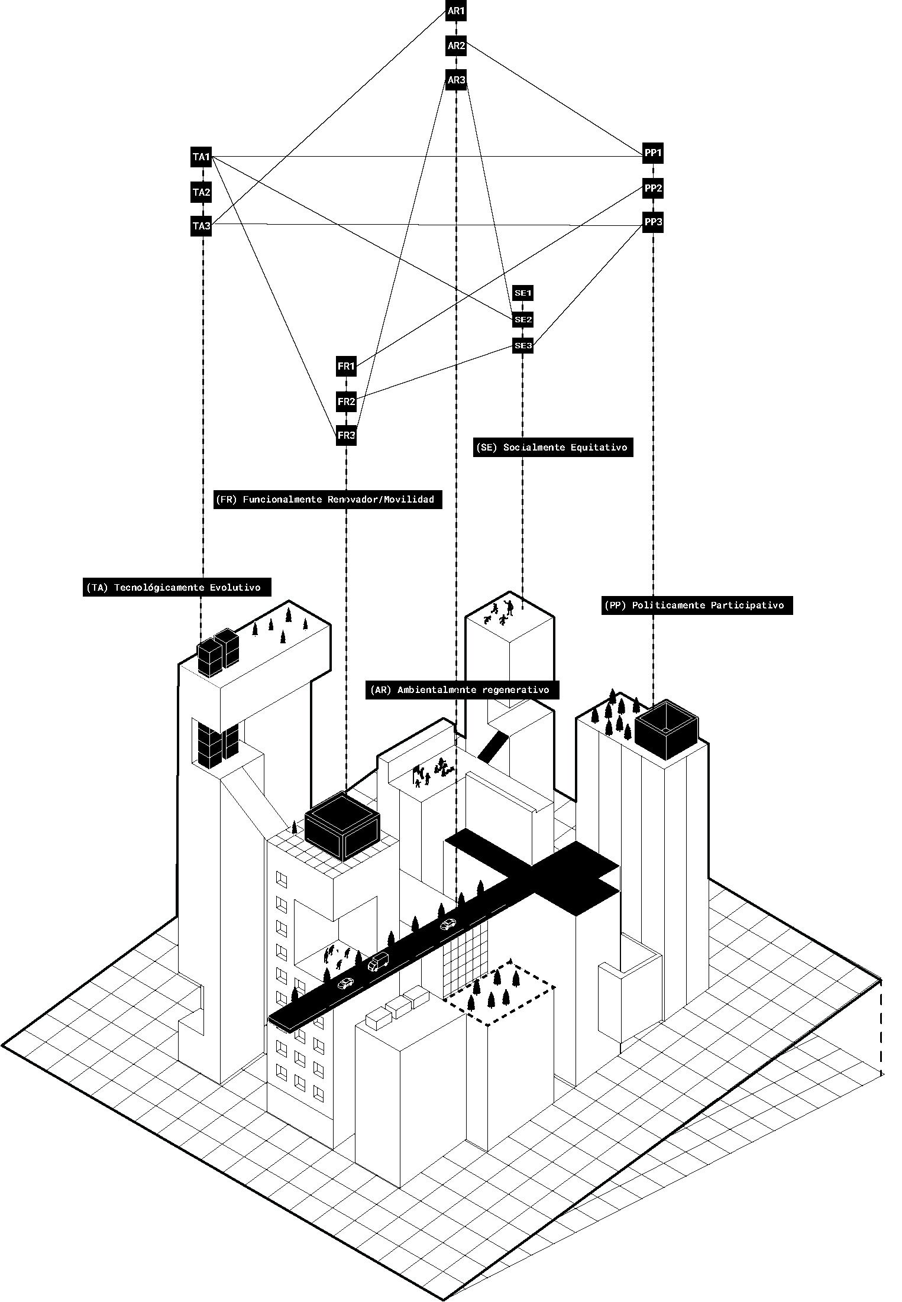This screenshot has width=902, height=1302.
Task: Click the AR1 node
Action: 456,11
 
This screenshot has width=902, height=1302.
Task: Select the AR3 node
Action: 456,80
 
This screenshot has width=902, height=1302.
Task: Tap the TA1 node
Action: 201,157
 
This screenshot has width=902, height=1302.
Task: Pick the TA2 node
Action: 201,192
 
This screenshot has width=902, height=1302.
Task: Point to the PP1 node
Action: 653,153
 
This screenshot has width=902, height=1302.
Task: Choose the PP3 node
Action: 653,222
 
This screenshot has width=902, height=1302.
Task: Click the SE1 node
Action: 523,293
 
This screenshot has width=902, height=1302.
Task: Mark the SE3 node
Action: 523,345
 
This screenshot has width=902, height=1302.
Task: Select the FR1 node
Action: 346,367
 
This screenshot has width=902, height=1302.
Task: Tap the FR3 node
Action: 346,436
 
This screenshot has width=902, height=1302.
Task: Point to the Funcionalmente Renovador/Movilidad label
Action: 328,500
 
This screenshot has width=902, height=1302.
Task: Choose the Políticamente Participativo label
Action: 697,605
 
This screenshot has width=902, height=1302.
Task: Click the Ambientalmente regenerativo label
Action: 462,689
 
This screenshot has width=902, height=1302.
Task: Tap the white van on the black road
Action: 379,961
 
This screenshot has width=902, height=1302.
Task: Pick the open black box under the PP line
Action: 667,730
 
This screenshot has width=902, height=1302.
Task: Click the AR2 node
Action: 456,46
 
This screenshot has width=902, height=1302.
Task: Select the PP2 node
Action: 653,189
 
